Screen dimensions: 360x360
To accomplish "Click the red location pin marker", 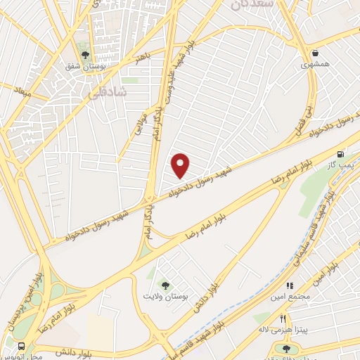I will (181, 165).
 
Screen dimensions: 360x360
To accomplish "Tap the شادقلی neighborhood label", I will (110, 92).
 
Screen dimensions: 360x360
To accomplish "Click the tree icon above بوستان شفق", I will (84, 55).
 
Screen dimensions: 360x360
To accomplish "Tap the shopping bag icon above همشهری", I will (316, 53).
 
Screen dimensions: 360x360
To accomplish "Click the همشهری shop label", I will (315, 65).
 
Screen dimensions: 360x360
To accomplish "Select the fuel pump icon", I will (341, 154).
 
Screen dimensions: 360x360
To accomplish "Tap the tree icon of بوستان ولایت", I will (165, 285).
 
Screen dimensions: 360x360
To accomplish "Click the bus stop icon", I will (20, 347).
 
